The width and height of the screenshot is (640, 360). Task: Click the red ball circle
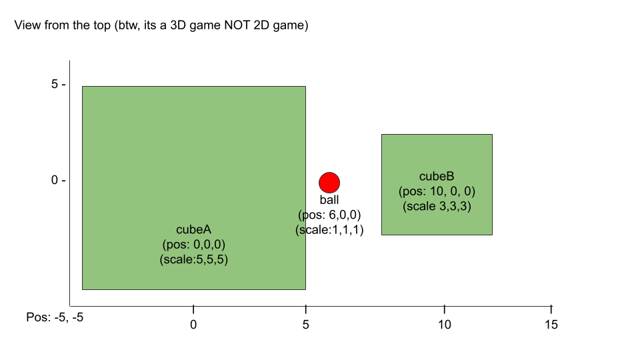(329, 183)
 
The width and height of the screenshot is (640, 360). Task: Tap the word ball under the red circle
(329, 200)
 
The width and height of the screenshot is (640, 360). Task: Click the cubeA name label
(194, 230)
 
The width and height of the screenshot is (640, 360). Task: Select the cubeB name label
(437, 176)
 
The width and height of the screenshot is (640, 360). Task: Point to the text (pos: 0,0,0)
(194, 245)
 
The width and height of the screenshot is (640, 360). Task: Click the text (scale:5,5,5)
(194, 259)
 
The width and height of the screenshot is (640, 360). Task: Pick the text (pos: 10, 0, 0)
(437, 191)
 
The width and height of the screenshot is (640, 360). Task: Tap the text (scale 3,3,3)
(437, 206)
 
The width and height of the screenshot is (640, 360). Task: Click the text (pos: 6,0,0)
(329, 215)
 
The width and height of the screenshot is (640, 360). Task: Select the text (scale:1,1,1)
(329, 230)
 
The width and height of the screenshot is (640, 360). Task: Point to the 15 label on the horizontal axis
(551, 325)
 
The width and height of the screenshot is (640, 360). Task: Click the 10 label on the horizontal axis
(445, 325)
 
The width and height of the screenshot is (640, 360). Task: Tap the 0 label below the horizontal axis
(193, 325)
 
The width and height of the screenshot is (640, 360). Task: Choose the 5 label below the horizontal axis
(306, 325)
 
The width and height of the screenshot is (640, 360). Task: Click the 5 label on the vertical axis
(55, 84)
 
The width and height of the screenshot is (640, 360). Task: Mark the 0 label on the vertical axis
(55, 181)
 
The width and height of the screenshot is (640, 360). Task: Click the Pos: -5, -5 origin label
(55, 317)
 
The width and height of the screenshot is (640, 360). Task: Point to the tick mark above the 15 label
(551, 309)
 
